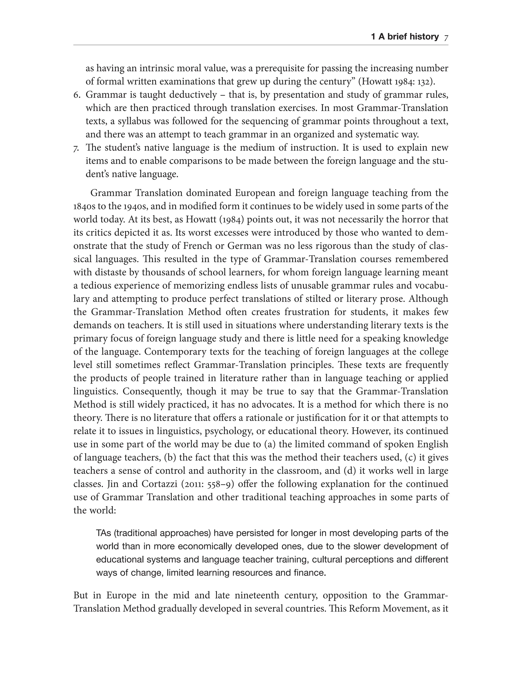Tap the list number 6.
click(x=76, y=95)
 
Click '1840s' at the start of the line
click(x=84, y=206)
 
